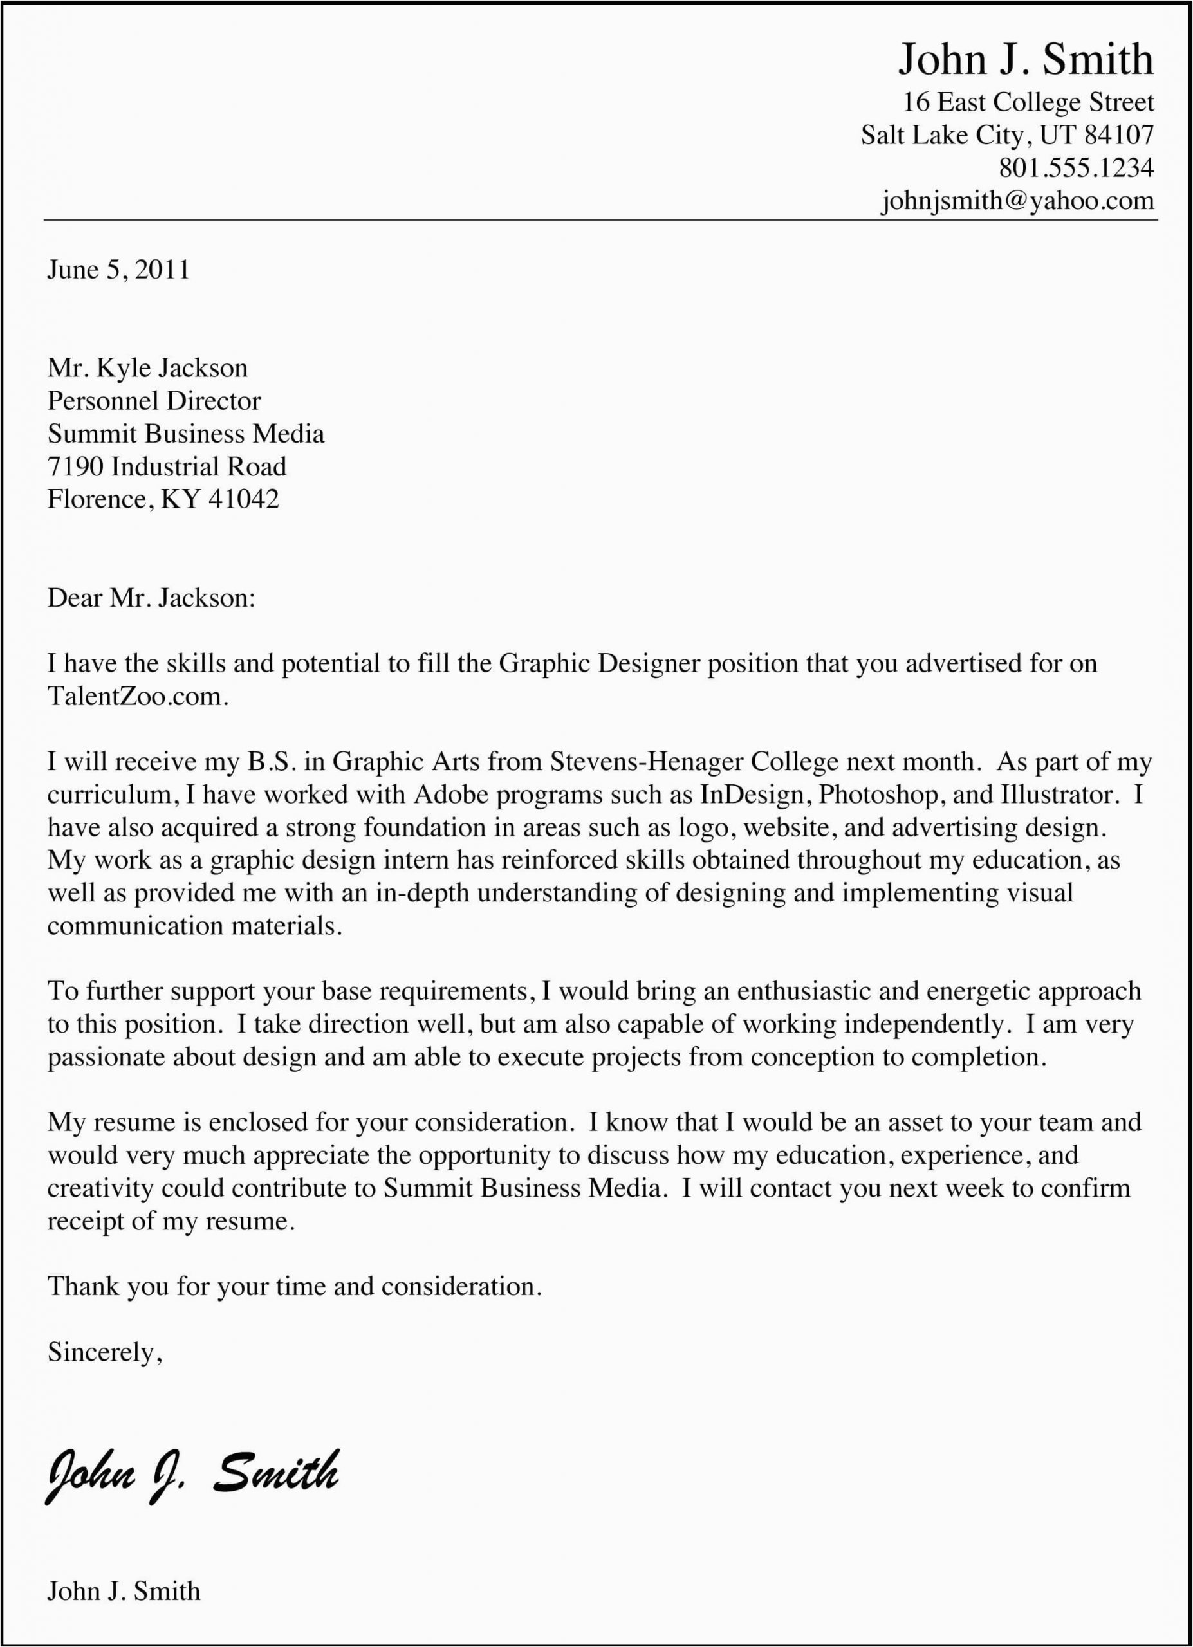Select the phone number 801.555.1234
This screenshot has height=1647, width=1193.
click(x=1075, y=168)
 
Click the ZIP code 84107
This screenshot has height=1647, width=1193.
click(x=1118, y=135)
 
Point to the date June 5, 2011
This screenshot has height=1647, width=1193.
click(x=118, y=270)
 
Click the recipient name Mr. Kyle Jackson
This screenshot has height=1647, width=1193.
click(x=147, y=368)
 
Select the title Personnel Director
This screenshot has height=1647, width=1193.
click(x=154, y=401)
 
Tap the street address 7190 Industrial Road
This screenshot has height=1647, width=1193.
click(x=167, y=466)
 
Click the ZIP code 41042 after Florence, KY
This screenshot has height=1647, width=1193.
click(x=243, y=500)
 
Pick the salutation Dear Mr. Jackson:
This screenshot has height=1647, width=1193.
click(x=151, y=598)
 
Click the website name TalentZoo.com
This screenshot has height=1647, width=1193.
click(x=136, y=697)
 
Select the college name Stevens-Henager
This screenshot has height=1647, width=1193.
click(x=645, y=762)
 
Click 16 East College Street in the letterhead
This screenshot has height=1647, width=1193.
click(x=1028, y=102)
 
